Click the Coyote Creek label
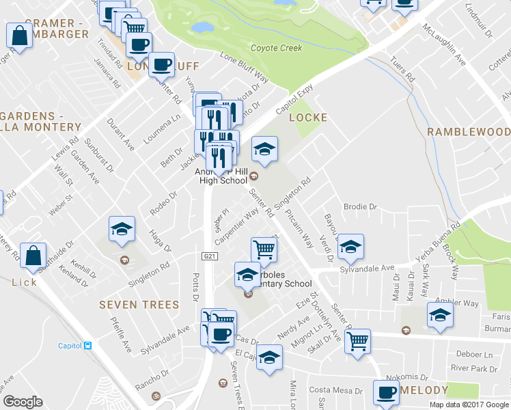coord(276,48)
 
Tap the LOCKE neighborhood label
coord(308,118)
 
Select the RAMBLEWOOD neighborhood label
coord(469,131)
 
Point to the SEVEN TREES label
coord(139,305)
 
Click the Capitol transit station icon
coord(87,346)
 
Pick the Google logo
coord(23,402)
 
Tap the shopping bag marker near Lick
coord(33,256)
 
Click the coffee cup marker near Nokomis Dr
coord(385,392)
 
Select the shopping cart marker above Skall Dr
coord(358,340)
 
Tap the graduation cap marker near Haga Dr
coord(122,228)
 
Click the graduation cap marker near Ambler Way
coord(440,315)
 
